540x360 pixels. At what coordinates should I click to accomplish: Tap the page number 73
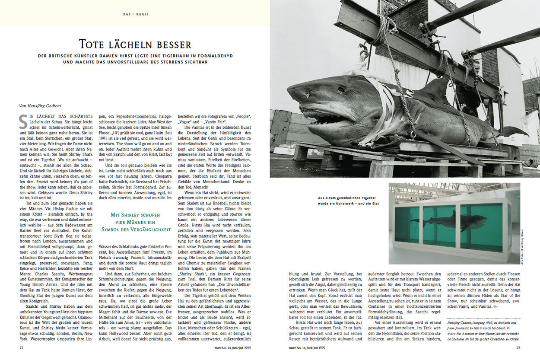pos(518,347)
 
